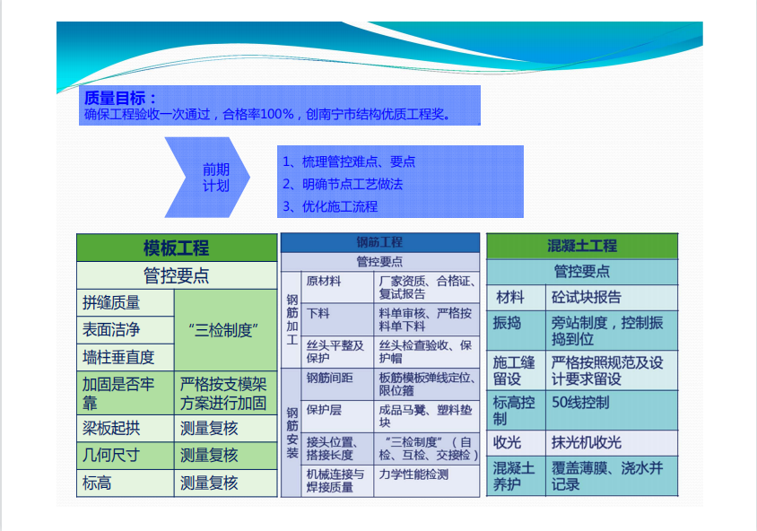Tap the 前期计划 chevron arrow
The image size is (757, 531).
207,178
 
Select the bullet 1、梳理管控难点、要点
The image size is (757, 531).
349,161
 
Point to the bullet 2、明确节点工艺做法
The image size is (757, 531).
343,184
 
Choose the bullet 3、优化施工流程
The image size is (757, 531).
330,206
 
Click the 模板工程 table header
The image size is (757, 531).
177,248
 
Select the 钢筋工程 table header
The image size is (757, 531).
380,242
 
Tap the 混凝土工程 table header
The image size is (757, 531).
582,246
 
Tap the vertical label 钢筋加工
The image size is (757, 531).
291,319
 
